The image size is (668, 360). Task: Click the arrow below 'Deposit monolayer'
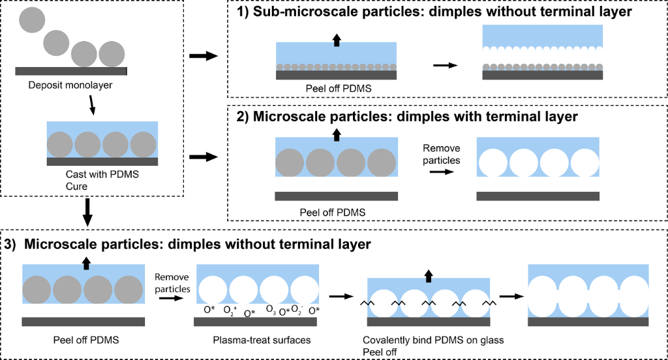pyautogui.click(x=93, y=105)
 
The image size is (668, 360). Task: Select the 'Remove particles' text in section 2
pyautogui.click(x=442, y=155)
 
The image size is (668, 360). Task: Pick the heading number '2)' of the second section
pyautogui.click(x=241, y=117)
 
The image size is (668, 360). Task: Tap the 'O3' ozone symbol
pyautogui.click(x=271, y=310)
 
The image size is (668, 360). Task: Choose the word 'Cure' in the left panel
pyautogui.click(x=76, y=186)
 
